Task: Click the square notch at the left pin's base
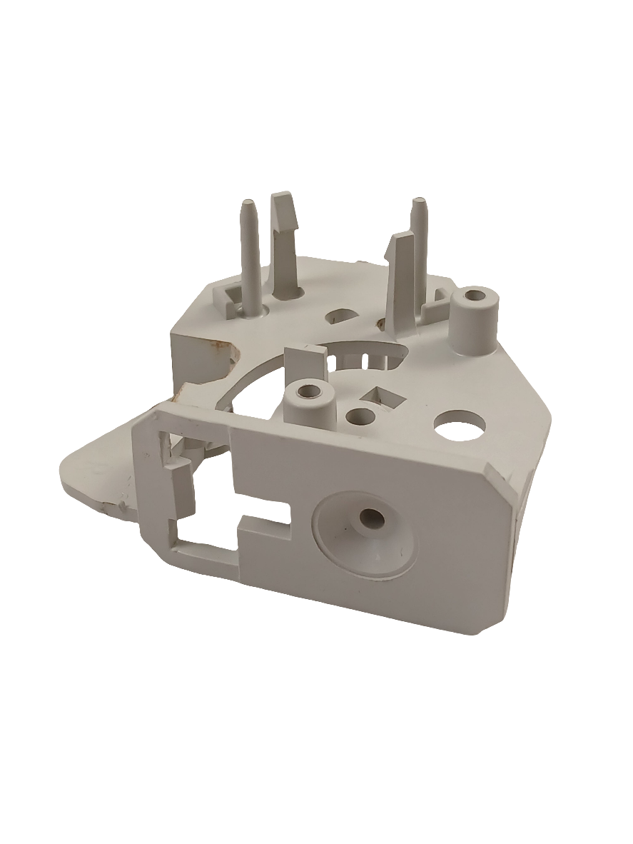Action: pyautogui.click(x=232, y=294)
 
